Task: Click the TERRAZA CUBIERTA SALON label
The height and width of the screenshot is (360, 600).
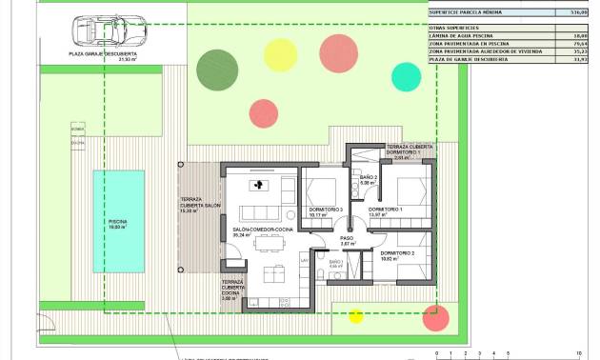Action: tap(200, 206)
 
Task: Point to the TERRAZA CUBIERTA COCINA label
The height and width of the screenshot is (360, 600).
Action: tap(232, 290)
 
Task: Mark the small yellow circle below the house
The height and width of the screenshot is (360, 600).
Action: tap(355, 316)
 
